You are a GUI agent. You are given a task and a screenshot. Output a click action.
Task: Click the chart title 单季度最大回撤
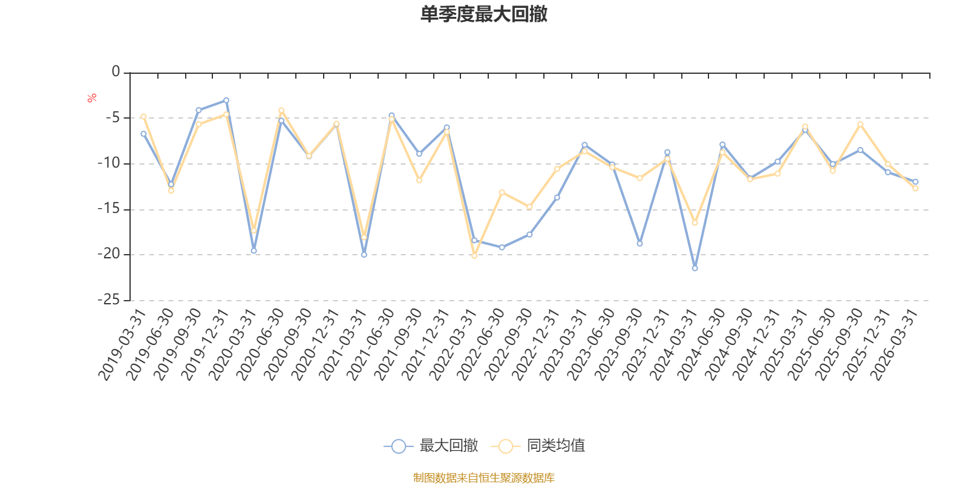[x=483, y=15]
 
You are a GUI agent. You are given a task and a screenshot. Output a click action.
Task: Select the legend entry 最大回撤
[x=431, y=446]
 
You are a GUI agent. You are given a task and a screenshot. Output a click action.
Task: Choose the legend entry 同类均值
[x=538, y=446]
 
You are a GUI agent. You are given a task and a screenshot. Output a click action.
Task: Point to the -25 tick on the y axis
[x=109, y=299]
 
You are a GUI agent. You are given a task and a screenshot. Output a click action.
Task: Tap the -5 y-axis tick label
[x=111, y=117]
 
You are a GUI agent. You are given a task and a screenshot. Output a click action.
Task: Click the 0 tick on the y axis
[x=116, y=72]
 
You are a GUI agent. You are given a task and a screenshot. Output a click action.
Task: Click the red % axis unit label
[x=92, y=98]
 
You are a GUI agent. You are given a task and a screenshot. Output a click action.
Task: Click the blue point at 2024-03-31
[x=695, y=268]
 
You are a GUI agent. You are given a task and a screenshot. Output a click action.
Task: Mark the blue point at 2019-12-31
[x=226, y=100]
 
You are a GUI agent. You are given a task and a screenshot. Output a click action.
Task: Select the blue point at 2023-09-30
[x=639, y=243]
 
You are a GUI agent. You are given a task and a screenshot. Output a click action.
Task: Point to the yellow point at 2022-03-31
[x=474, y=256]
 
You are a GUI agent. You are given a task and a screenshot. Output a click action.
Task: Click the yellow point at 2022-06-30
[x=502, y=192]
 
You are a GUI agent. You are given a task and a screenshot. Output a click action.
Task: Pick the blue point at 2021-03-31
[x=364, y=255]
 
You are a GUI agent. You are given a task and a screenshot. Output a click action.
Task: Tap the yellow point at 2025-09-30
[x=860, y=124]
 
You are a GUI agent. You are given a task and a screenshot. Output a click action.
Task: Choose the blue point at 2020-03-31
[x=253, y=250]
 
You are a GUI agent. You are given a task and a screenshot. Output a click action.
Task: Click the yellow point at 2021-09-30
[x=419, y=180]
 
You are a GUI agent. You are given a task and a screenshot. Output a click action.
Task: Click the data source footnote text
[x=483, y=478]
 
